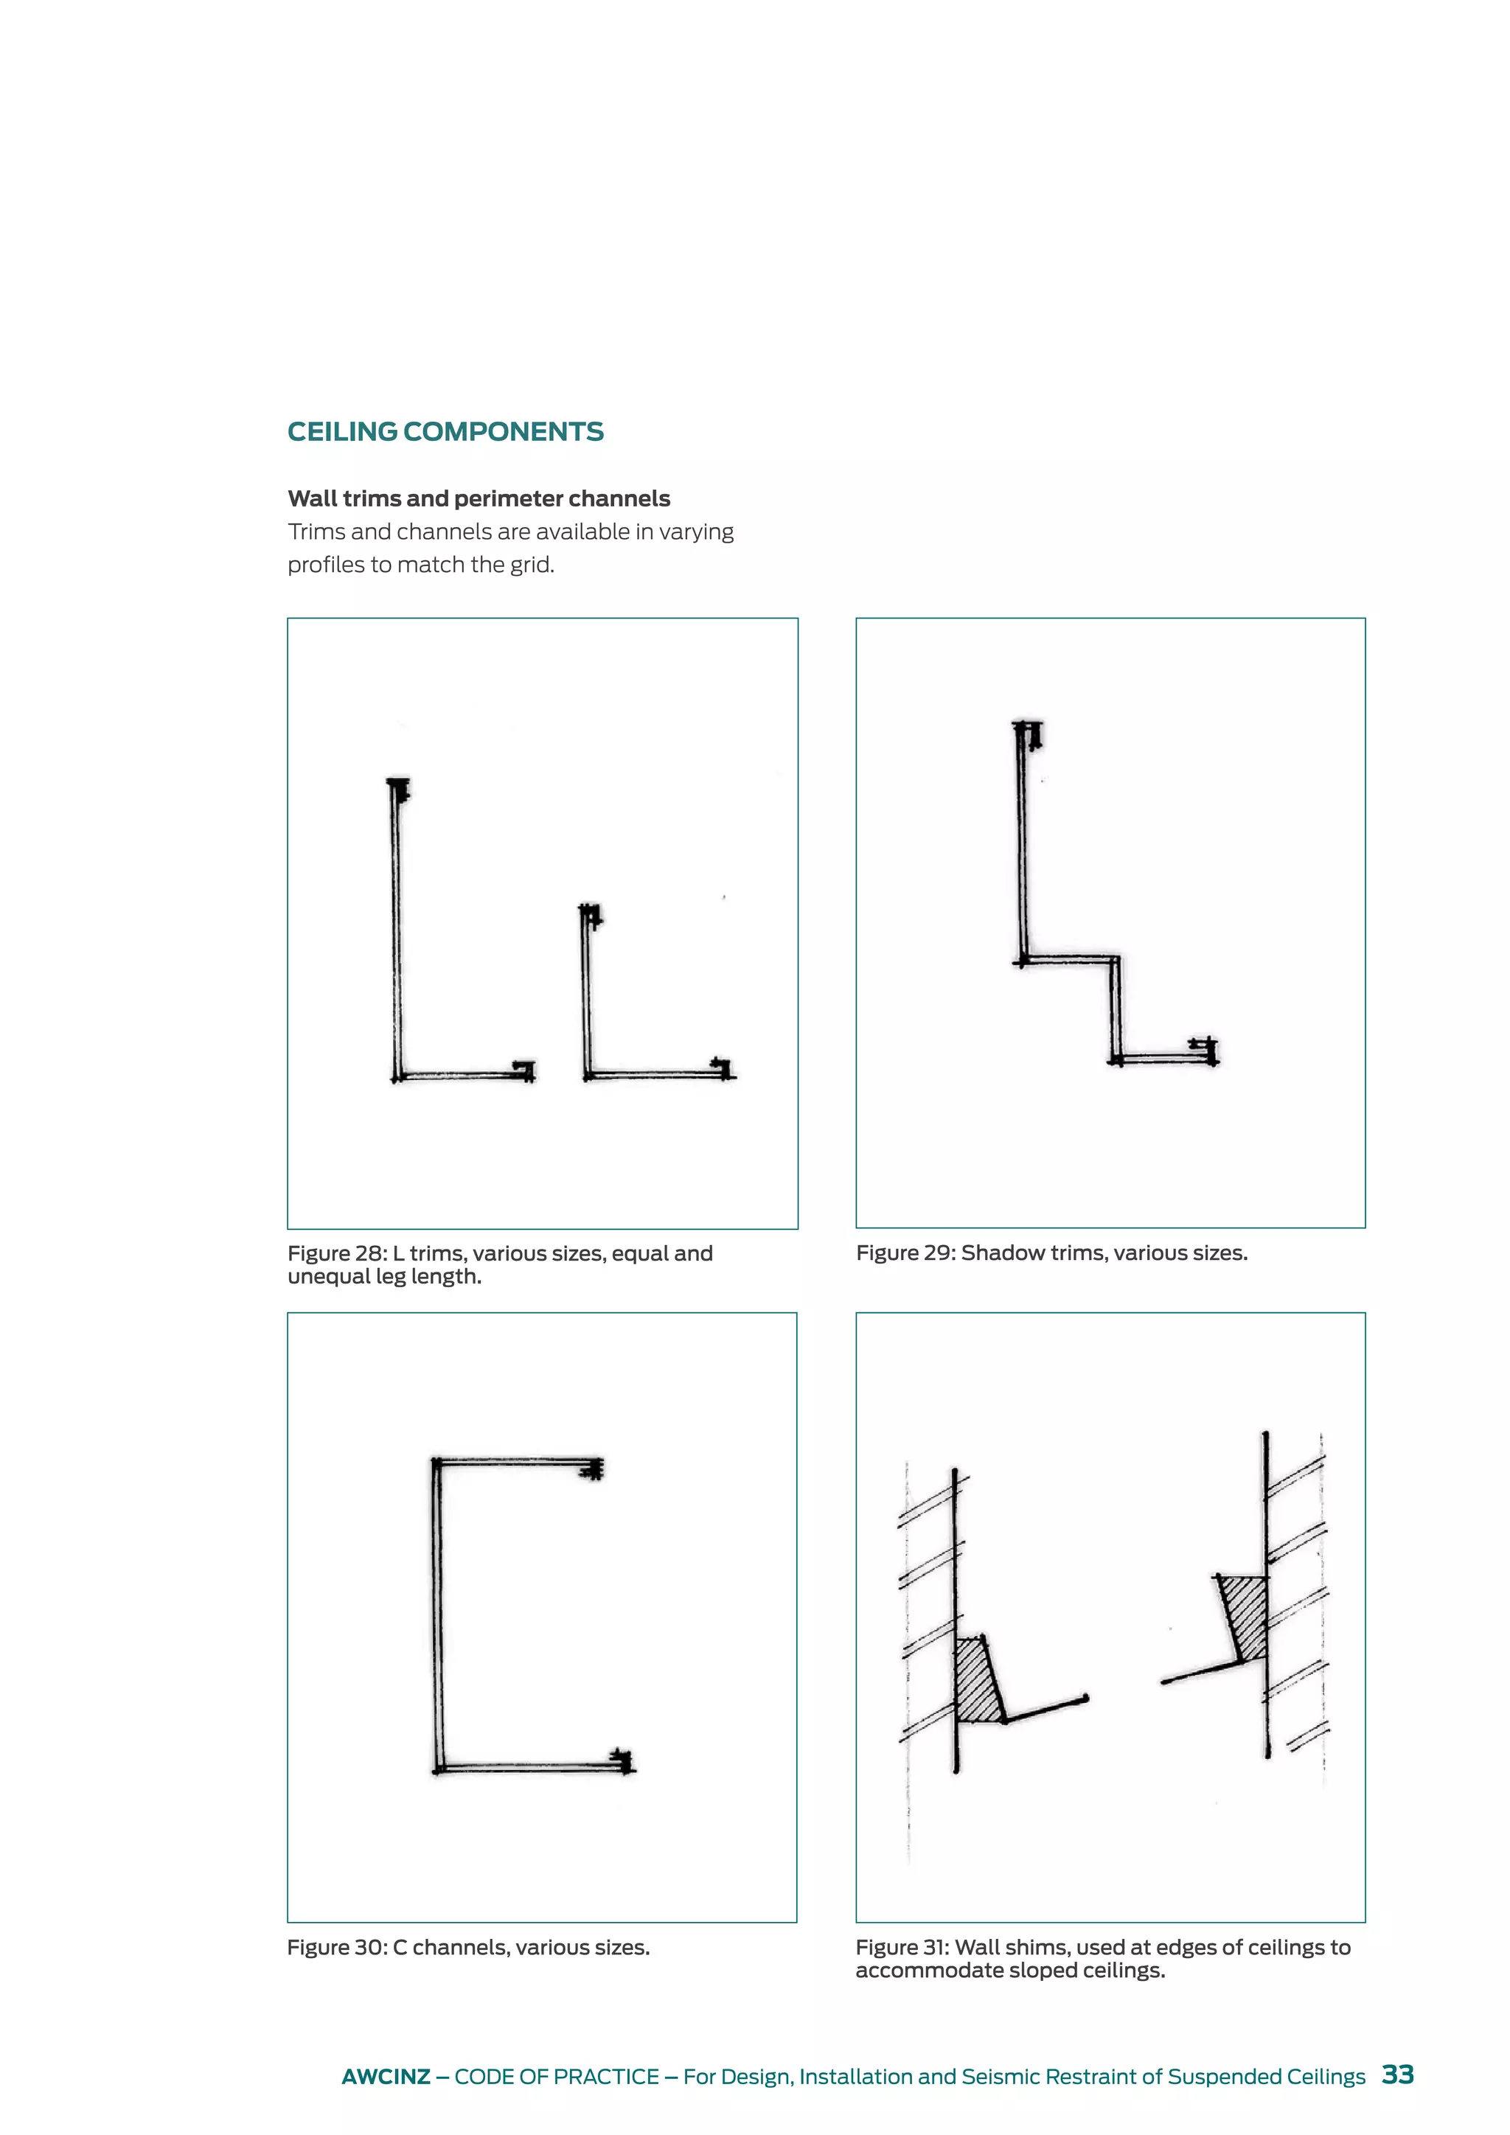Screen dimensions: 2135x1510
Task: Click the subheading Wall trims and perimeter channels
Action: (479, 498)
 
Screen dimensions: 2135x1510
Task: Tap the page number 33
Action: (1397, 2075)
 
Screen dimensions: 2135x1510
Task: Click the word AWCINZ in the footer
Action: (385, 2077)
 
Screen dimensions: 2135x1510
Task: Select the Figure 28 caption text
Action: (499, 1264)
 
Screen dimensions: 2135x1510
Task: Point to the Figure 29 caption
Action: (1051, 1253)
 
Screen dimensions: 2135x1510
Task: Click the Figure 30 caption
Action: (467, 1947)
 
